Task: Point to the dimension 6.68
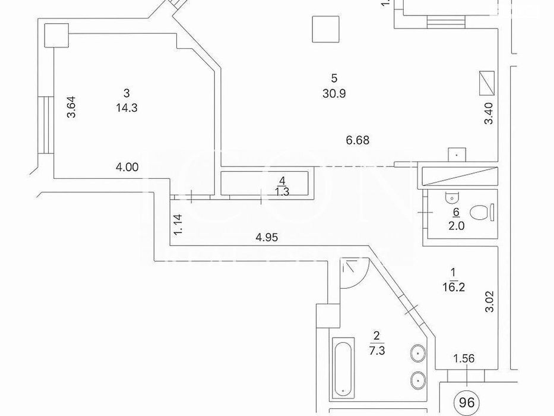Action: (358, 141)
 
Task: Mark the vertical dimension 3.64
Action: (71, 107)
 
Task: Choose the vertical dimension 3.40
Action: (489, 113)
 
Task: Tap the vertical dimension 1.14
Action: (178, 226)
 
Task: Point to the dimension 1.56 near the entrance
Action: (463, 358)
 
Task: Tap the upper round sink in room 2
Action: (419, 354)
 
